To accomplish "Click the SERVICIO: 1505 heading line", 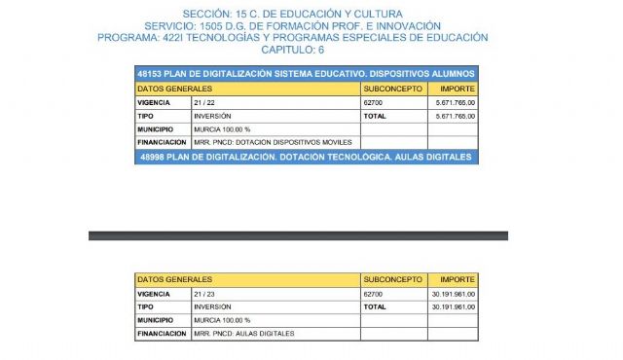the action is pos(292,24).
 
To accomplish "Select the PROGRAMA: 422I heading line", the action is pos(292,37).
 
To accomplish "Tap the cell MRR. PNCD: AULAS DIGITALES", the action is pos(244,334).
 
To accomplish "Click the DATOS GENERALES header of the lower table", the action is pos(175,279).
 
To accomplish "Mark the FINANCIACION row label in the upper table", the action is pos(161,142).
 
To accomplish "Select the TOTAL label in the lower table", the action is pos(375,306).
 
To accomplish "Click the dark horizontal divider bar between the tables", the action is pos(298,235).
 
